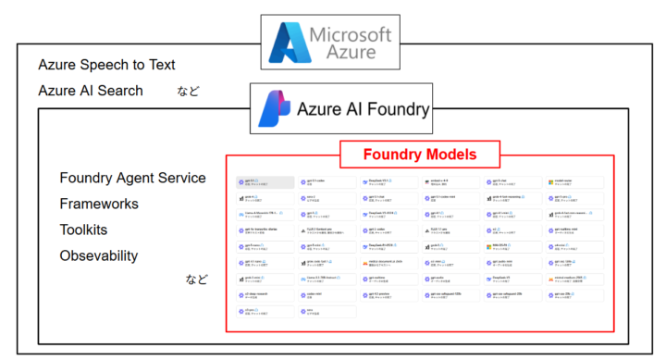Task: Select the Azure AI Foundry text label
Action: (363, 109)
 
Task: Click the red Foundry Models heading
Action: (420, 154)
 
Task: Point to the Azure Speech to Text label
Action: (106, 65)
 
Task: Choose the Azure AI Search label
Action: (91, 90)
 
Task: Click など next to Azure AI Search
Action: (189, 91)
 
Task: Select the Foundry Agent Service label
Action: (132, 178)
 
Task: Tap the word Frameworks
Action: (99, 204)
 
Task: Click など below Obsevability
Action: (197, 279)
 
